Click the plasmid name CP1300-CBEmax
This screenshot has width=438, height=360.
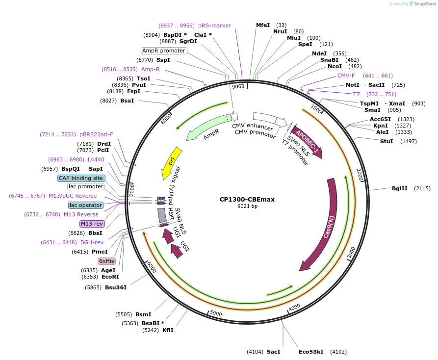(247, 200)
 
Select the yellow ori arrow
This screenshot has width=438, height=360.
(172, 162)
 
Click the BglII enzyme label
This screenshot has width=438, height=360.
(399, 188)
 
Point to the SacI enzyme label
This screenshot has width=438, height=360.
(273, 352)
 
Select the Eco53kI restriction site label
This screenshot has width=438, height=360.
(311, 352)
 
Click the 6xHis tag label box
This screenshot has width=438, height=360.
(106, 261)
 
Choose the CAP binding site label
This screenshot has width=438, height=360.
(81, 178)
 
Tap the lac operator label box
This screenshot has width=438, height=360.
(86, 205)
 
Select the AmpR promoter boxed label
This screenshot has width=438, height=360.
(164, 51)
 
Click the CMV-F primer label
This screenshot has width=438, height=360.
(346, 76)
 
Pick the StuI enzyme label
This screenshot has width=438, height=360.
(386, 141)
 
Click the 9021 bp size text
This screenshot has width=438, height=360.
(247, 206)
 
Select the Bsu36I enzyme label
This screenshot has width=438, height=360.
(116, 287)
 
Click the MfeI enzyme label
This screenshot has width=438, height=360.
(263, 25)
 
